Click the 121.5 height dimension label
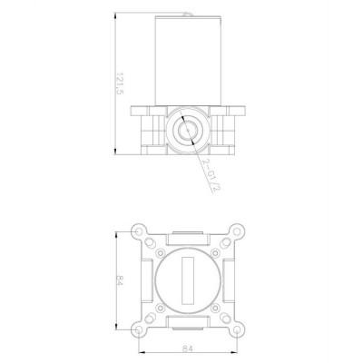click(x=120, y=83)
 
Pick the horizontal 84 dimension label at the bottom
click(x=187, y=348)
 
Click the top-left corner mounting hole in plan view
click(x=138, y=231)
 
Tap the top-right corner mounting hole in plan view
click(x=238, y=231)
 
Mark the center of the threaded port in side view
click(x=188, y=131)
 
